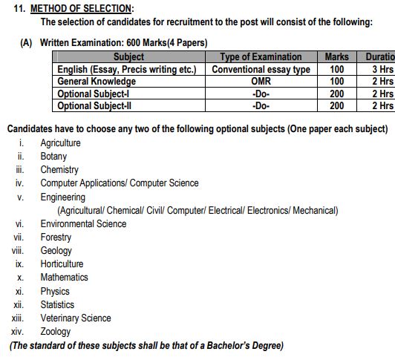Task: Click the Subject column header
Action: click(128, 56)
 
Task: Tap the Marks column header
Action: click(336, 56)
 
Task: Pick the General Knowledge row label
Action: click(97, 81)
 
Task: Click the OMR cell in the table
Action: click(261, 81)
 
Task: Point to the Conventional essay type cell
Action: click(261, 69)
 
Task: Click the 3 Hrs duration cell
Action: click(382, 69)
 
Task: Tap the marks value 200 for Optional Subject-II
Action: click(336, 106)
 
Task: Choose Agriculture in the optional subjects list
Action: click(61, 143)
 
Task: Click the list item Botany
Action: click(53, 157)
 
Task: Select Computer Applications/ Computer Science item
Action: click(120, 183)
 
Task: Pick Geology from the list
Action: click(56, 251)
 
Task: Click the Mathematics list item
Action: click(65, 278)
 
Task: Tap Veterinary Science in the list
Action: click(76, 318)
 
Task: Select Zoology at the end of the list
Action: click(56, 332)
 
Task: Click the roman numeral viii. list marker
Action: click(19, 251)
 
